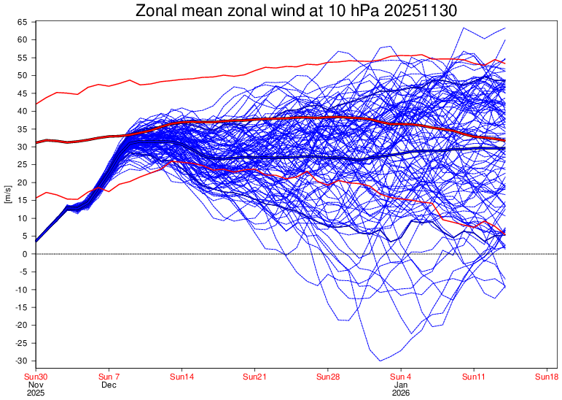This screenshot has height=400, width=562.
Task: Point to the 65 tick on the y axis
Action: coord(23,22)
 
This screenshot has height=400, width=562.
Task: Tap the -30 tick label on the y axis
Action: coord(21,361)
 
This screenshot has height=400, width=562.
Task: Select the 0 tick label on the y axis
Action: coord(25,254)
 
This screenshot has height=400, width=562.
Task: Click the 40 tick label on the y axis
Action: coord(23,111)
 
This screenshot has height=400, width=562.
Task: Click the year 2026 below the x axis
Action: coord(402,393)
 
